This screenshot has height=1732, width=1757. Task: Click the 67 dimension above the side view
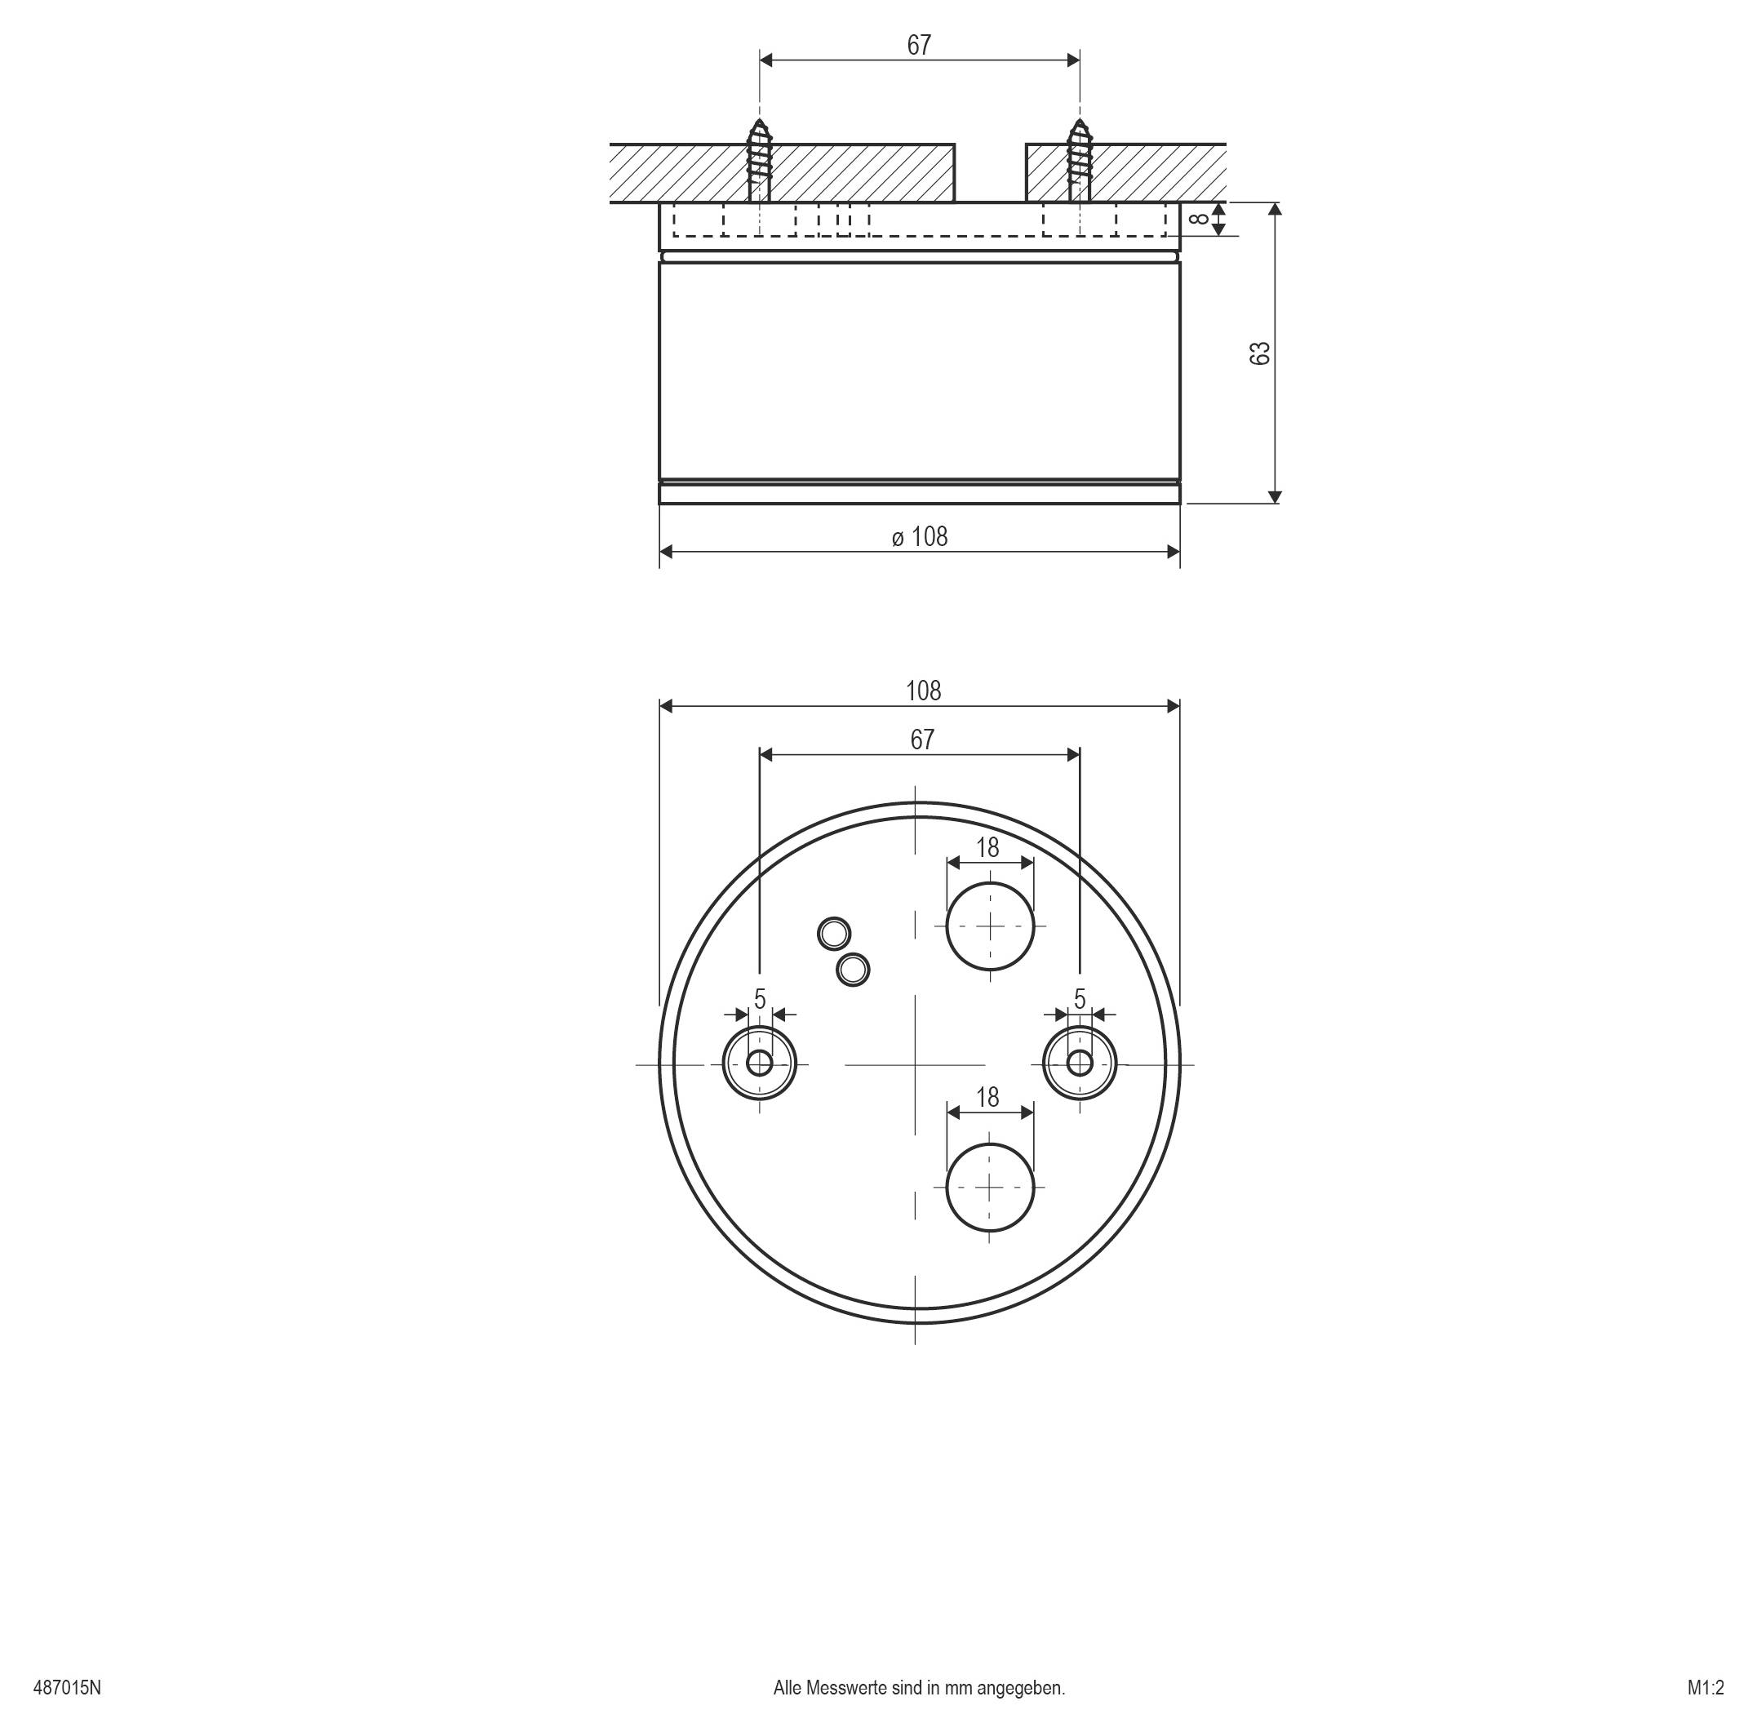(920, 46)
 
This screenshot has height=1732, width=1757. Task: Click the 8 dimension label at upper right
(1200, 218)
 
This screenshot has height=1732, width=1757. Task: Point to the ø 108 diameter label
(920, 537)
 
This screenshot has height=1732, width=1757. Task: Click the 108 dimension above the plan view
(923, 691)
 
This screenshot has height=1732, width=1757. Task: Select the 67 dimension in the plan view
(921, 740)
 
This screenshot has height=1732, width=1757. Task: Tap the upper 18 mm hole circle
(991, 926)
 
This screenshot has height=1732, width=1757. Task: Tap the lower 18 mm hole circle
(991, 1187)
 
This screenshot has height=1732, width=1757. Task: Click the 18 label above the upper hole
(987, 848)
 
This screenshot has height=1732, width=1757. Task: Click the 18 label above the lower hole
(987, 1098)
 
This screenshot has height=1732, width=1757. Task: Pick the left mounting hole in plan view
(760, 1063)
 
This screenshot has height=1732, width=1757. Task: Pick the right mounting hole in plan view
(1080, 1063)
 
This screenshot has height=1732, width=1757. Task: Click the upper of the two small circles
(834, 933)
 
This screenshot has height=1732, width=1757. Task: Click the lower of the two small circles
(853, 970)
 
